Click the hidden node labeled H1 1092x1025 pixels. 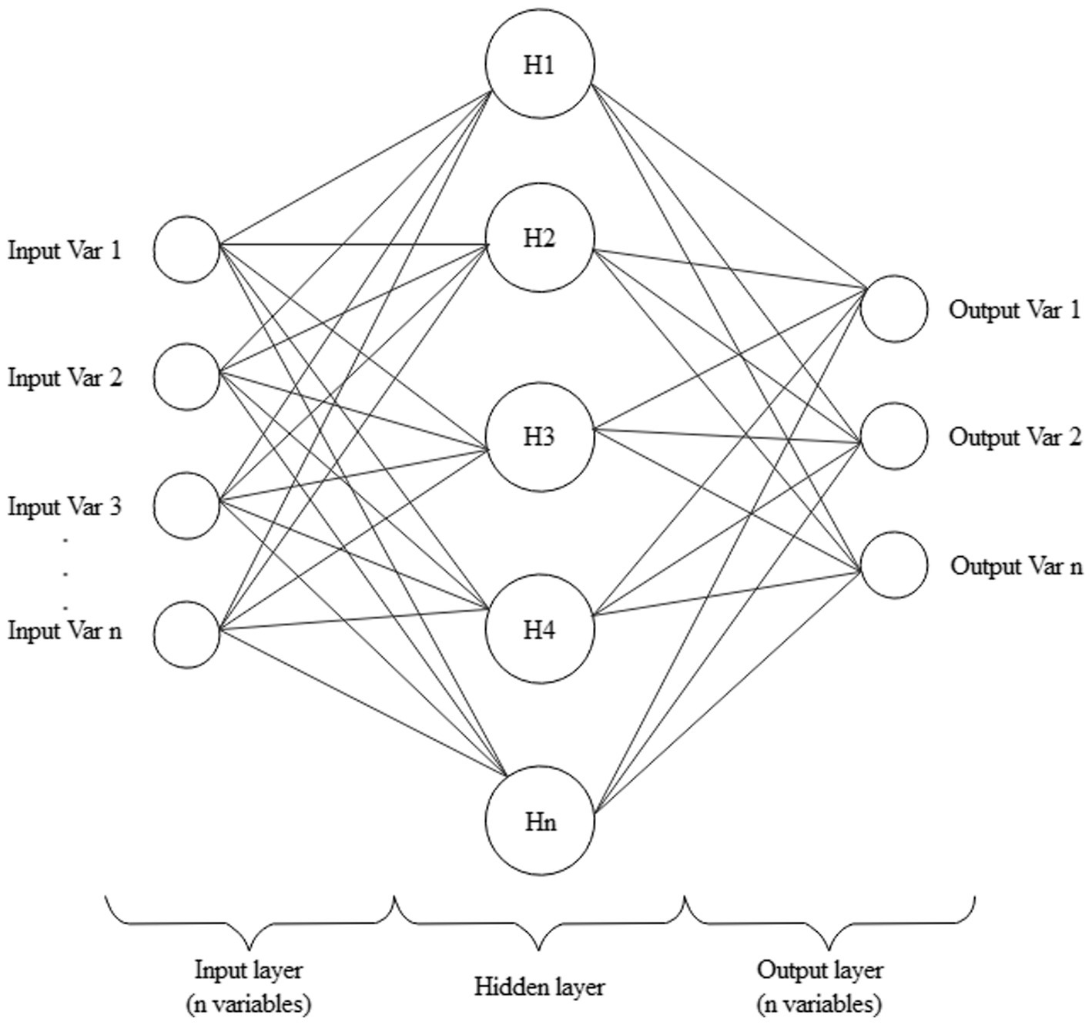[540, 64]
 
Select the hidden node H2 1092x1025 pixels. [540, 238]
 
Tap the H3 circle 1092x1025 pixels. [540, 437]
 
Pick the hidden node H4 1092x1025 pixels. [540, 630]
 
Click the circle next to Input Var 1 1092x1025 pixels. [186, 250]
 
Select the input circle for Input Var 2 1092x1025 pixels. [186, 377]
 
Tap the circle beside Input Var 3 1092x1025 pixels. [186, 505]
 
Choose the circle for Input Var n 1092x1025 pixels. [186, 635]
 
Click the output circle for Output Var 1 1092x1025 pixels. [893, 309]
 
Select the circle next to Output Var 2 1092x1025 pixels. [893, 436]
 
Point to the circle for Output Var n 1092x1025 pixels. [893, 565]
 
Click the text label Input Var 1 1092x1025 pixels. [65, 250]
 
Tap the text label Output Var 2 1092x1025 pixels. [1014, 437]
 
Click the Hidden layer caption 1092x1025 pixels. [539, 986]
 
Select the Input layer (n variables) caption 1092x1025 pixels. [248, 986]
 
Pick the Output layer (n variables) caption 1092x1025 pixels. [819, 986]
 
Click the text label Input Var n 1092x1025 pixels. [65, 631]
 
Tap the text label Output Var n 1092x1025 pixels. [1016, 566]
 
